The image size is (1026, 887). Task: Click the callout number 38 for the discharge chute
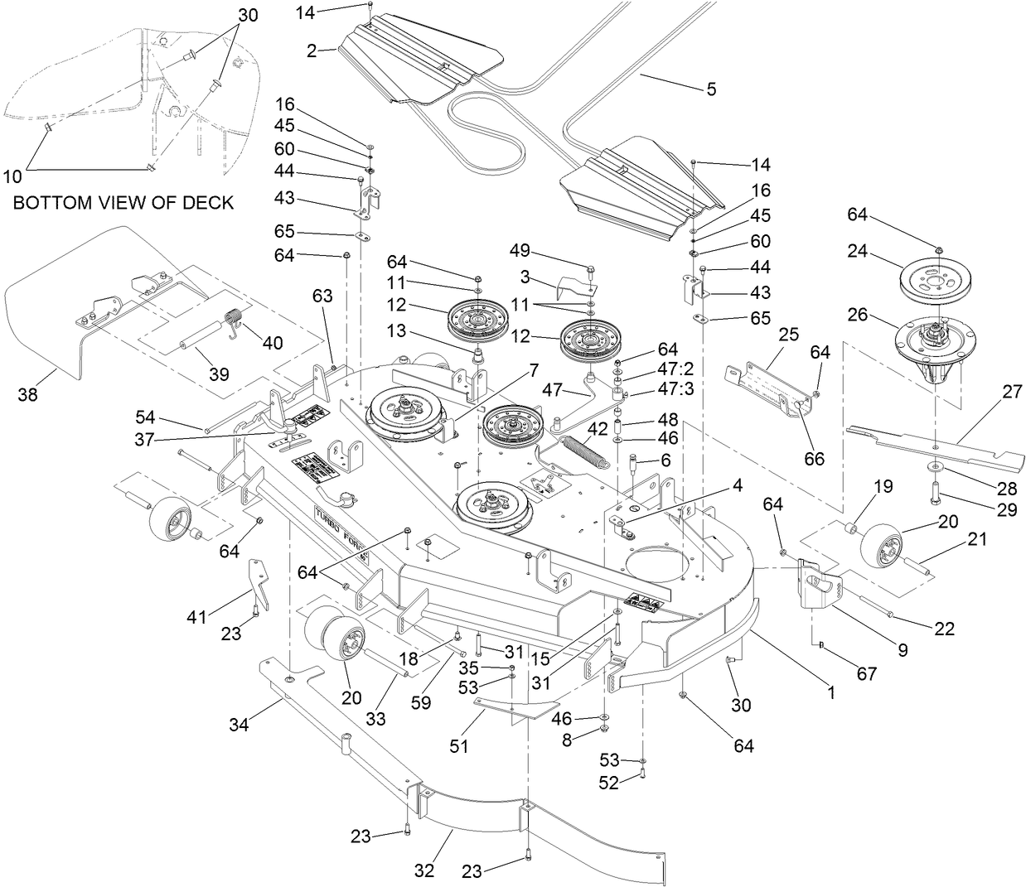click(x=28, y=396)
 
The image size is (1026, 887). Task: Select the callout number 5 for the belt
click(x=711, y=89)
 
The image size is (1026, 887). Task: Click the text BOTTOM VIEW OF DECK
click(x=123, y=202)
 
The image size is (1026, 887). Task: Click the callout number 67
click(x=866, y=674)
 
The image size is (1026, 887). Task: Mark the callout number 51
click(x=458, y=745)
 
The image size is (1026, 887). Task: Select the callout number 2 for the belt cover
click(x=311, y=51)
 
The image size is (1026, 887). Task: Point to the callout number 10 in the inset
click(x=12, y=176)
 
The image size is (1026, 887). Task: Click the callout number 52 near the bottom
click(x=608, y=783)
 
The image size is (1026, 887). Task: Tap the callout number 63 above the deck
click(x=322, y=295)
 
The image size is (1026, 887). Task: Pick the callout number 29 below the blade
click(x=1006, y=510)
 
